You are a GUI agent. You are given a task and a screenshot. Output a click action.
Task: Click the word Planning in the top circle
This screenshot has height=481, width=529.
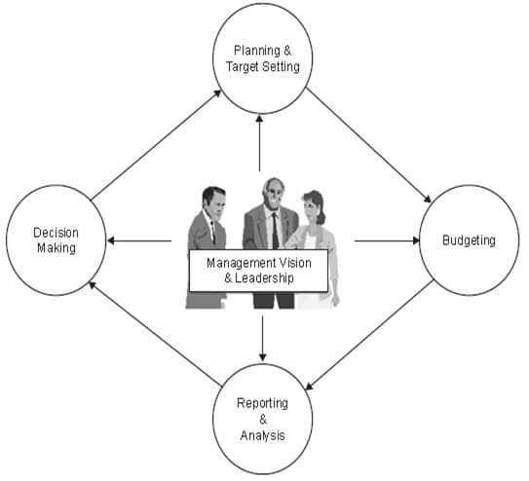click(257, 51)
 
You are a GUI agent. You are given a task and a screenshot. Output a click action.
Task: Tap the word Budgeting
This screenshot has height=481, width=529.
click(469, 240)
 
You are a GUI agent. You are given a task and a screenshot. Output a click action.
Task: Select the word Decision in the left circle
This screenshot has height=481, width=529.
click(56, 233)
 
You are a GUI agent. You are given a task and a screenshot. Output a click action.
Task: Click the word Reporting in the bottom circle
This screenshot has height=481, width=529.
click(262, 403)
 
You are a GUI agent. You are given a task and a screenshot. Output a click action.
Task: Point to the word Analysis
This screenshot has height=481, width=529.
click(262, 435)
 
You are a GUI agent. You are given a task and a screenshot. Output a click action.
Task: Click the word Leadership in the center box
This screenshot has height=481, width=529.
click(265, 278)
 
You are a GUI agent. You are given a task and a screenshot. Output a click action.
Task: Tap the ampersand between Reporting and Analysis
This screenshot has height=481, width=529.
click(263, 420)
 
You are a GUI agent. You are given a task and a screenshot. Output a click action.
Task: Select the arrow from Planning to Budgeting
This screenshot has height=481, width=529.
click(369, 145)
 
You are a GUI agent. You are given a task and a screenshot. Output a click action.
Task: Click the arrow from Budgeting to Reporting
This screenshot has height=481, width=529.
click(369, 335)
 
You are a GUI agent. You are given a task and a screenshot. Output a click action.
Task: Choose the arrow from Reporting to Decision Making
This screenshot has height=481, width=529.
click(155, 334)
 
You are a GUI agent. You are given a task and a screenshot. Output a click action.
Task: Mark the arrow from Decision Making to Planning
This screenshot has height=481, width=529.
click(156, 145)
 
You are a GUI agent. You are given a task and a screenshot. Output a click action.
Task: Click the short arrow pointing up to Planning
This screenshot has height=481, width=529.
click(259, 143)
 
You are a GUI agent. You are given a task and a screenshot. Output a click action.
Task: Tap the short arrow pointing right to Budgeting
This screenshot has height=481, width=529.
click(387, 240)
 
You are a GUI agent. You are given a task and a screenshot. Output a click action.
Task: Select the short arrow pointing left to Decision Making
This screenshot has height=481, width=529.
click(139, 240)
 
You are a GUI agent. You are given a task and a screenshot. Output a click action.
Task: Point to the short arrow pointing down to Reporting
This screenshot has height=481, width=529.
click(262, 338)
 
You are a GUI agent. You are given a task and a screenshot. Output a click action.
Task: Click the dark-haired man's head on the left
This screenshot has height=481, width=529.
click(214, 201)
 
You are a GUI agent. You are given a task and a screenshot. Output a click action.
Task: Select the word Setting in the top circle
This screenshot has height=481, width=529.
click(281, 67)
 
